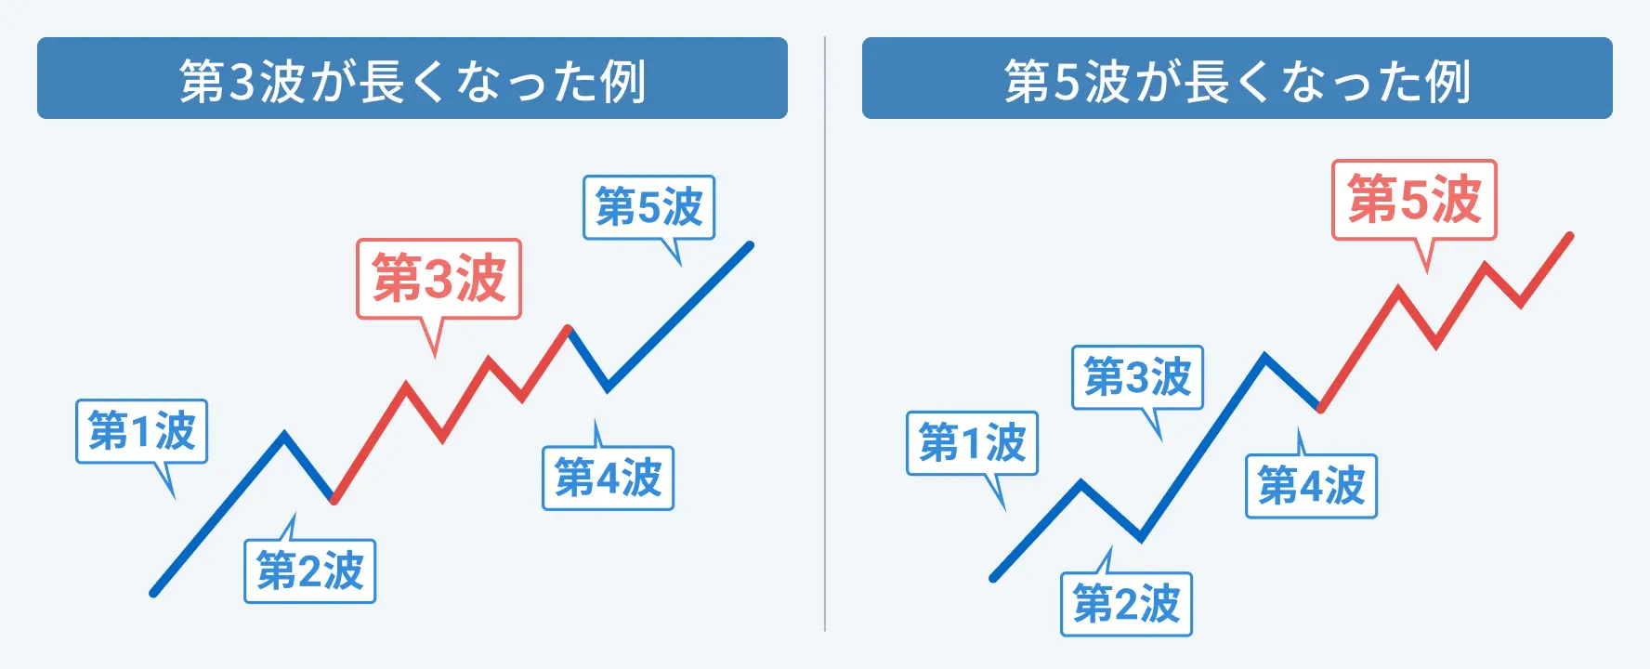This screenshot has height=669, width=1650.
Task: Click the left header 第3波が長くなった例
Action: (x=412, y=81)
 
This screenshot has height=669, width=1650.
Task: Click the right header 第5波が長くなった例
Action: (x=1237, y=81)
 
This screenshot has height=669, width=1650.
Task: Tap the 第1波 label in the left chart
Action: (x=141, y=431)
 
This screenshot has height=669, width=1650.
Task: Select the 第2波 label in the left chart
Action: (x=309, y=571)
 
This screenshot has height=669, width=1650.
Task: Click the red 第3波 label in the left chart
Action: (x=439, y=279)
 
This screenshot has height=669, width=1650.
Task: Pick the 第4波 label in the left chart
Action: (x=608, y=478)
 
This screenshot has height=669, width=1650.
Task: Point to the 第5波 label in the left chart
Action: (x=648, y=206)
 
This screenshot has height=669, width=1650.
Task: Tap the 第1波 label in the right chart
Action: (x=972, y=442)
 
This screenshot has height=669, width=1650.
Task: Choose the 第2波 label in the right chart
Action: (x=1126, y=604)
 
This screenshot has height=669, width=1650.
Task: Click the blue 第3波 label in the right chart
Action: (x=1137, y=377)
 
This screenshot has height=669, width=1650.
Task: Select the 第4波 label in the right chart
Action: (x=1311, y=486)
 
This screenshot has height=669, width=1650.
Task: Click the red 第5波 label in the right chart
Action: (x=1414, y=200)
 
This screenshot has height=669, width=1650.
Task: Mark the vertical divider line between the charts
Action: (x=825, y=334)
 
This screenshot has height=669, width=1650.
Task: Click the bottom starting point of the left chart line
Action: (x=154, y=592)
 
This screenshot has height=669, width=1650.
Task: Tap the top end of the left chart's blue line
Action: (x=750, y=245)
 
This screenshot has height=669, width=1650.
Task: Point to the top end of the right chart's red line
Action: (x=1570, y=235)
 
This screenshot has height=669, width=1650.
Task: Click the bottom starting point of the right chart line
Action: (x=994, y=578)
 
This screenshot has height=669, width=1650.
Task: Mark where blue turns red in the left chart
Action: (x=334, y=500)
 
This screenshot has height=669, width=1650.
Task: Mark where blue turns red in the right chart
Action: (x=1320, y=408)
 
